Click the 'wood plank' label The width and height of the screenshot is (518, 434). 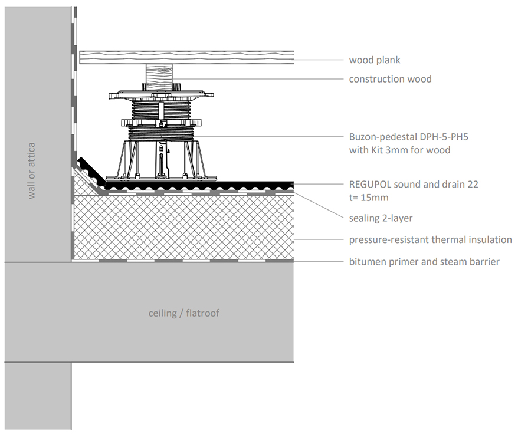point(375,60)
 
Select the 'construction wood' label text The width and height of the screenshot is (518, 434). point(390,79)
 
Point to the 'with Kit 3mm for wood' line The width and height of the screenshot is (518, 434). point(399,150)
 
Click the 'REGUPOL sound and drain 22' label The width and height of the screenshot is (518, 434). point(414,185)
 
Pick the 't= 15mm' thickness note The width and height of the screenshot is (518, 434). point(369,198)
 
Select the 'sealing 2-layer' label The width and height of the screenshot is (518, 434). point(381,218)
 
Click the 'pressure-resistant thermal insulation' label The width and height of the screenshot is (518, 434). point(430,240)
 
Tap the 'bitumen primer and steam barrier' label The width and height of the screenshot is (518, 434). point(424,261)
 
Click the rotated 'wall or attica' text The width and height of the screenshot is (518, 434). point(32,170)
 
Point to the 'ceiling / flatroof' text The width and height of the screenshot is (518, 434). point(183,313)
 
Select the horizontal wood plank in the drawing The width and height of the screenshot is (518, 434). point(186,57)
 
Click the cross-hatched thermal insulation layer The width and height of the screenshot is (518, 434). point(183,227)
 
